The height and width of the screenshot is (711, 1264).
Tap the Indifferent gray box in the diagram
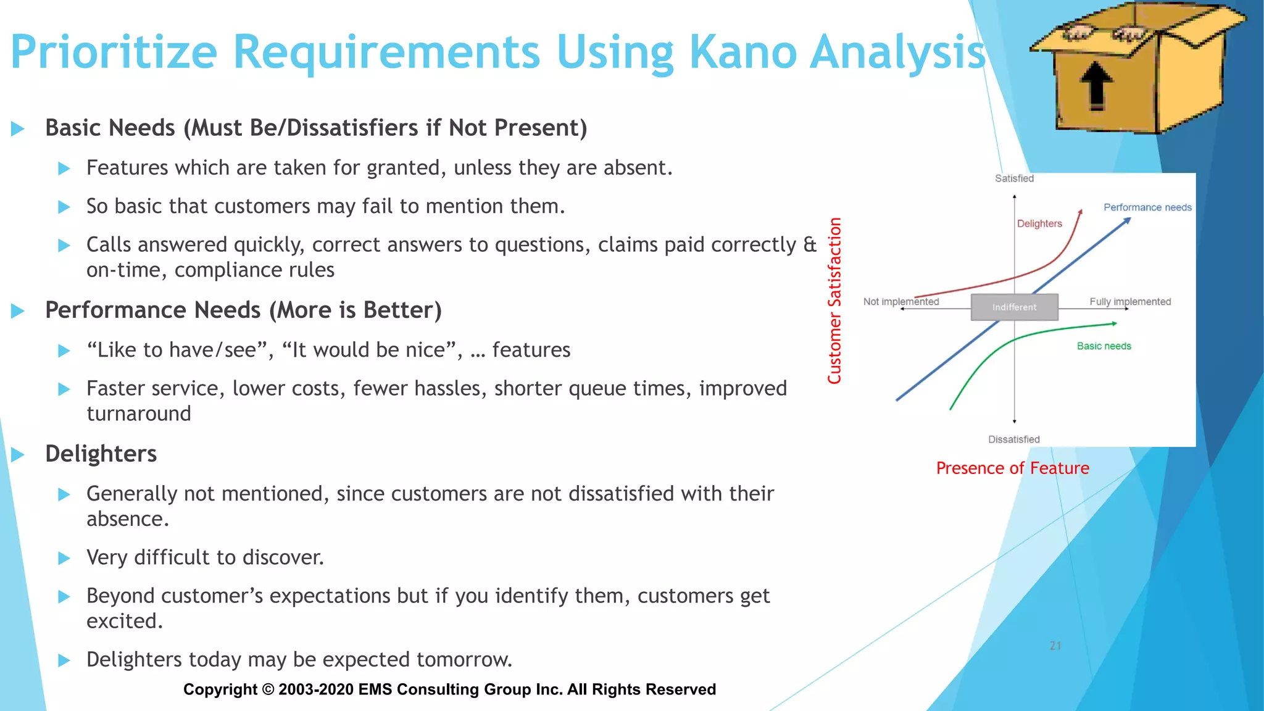point(1014,307)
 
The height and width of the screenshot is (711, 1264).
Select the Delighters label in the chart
point(1039,223)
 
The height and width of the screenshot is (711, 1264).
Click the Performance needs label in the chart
point(1147,207)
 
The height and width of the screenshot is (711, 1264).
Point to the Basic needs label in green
point(1104,346)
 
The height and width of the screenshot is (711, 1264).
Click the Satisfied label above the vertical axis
point(1014,178)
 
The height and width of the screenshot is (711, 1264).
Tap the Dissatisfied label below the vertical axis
point(1013,439)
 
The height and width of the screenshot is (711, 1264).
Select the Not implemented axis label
point(900,301)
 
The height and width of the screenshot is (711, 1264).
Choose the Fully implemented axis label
point(1129,301)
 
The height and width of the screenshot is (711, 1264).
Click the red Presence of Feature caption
point(1012,468)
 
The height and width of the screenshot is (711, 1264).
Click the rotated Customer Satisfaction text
point(834,301)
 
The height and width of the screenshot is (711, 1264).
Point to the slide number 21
point(1055,646)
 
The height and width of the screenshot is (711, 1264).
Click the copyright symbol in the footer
point(268,689)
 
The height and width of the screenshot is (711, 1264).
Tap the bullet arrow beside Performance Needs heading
point(18,310)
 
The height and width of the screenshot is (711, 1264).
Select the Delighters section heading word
point(101,454)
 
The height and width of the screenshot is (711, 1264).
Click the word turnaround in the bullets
point(139,414)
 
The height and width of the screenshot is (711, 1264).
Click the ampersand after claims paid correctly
point(809,245)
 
